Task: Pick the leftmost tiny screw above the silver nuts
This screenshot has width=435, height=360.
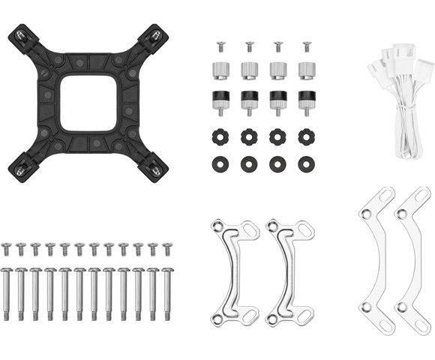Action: point(220,47)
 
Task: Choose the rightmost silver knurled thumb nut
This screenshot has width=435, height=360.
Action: point(306,71)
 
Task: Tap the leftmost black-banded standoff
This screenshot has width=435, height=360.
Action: point(220,100)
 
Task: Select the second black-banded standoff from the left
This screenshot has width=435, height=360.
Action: point(249,100)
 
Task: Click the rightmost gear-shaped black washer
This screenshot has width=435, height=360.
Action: point(306,137)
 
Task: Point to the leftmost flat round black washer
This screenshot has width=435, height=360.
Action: point(220,162)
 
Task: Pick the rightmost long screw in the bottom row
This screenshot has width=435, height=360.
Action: point(167,292)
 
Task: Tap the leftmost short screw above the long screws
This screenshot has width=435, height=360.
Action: point(7,248)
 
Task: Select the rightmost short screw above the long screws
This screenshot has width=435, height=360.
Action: point(167,248)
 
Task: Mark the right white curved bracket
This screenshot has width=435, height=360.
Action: point(414,259)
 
